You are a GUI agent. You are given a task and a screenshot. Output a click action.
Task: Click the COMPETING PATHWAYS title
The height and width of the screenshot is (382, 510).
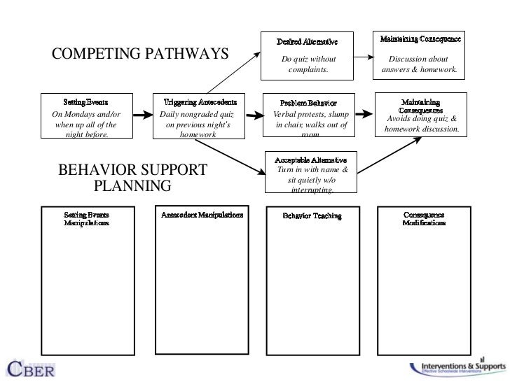click(141, 54)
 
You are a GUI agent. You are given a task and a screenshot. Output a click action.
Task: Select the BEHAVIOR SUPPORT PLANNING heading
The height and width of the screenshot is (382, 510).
click(132, 178)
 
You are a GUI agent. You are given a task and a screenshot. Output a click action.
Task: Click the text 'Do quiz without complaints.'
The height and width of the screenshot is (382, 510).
click(308, 65)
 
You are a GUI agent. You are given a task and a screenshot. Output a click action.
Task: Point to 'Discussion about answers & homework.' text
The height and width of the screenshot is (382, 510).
click(420, 65)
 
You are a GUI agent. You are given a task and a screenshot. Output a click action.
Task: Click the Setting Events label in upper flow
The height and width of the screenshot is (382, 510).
click(86, 102)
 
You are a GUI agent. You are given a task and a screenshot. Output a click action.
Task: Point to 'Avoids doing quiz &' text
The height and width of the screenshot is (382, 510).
click(422, 118)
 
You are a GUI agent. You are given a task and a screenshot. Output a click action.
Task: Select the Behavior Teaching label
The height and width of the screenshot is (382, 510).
click(312, 216)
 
